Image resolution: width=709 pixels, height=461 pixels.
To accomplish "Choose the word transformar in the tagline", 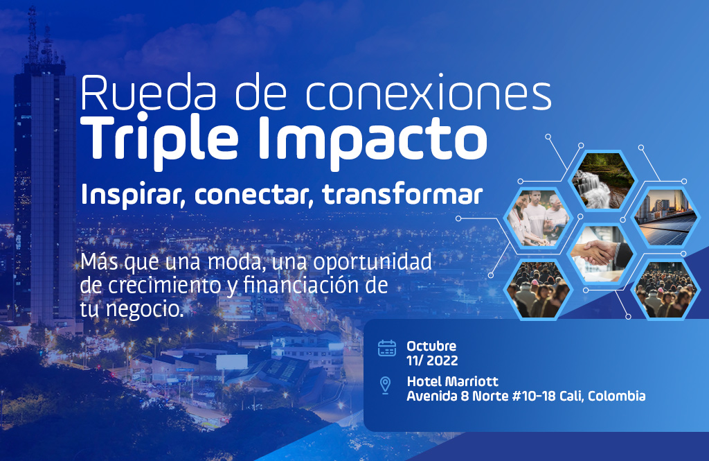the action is [x=402, y=194].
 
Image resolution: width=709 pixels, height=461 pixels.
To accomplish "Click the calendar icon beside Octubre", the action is [x=386, y=348].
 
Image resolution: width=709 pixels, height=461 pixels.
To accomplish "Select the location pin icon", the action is [x=385, y=385].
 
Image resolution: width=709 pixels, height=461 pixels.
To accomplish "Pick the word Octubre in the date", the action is [x=431, y=346].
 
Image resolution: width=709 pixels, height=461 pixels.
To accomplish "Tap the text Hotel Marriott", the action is [x=452, y=381].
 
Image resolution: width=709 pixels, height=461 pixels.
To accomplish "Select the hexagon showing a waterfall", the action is [x=603, y=181].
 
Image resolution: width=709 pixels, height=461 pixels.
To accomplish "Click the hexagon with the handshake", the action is [x=601, y=254].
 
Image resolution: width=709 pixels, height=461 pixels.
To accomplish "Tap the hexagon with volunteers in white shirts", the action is [x=538, y=218].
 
